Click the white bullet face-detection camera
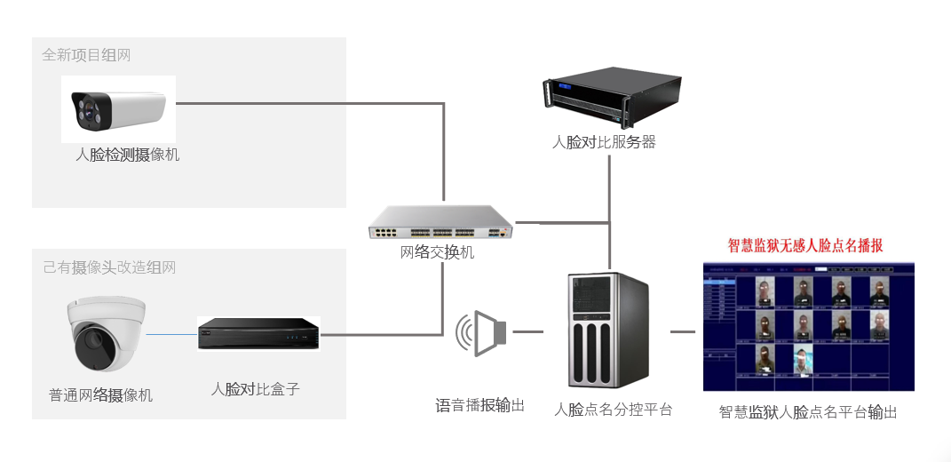click(x=119, y=109)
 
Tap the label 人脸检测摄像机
click(x=127, y=155)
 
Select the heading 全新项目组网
click(x=86, y=55)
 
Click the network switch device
click(x=441, y=222)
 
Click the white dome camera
click(x=106, y=333)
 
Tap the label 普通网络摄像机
click(x=100, y=395)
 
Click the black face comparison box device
click(x=258, y=335)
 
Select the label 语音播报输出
click(x=479, y=405)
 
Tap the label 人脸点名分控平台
click(x=613, y=410)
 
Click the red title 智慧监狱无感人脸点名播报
click(x=805, y=246)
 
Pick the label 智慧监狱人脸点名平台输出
click(x=808, y=412)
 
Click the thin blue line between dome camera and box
click(x=171, y=335)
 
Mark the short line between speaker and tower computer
click(x=528, y=332)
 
